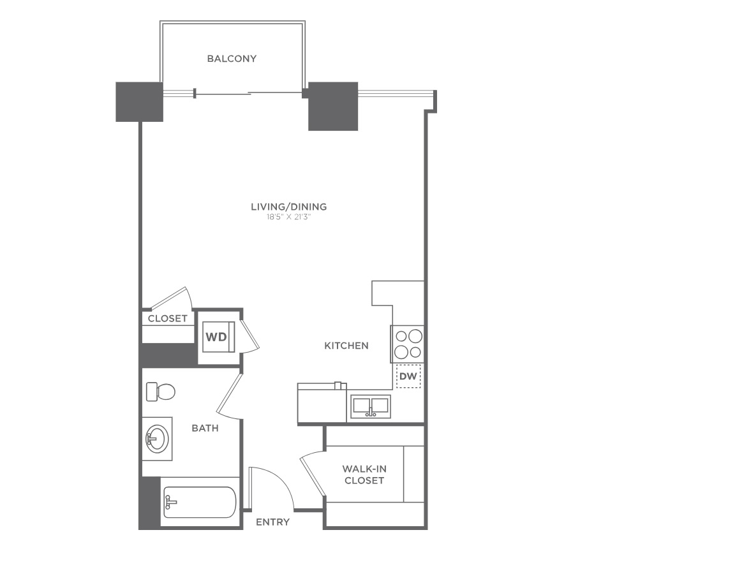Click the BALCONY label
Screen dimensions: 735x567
pyautogui.click(x=232, y=59)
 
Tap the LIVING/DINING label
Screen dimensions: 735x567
pyautogui.click(x=289, y=207)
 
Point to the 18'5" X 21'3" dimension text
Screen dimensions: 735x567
pyautogui.click(x=289, y=217)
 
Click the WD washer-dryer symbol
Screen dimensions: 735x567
pyautogui.click(x=216, y=337)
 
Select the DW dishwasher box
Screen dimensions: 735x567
pyautogui.click(x=408, y=376)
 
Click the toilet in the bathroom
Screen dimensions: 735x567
pyautogui.click(x=160, y=392)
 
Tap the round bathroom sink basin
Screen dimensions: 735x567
pyautogui.click(x=156, y=438)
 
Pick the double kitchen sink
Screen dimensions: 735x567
pyautogui.click(x=371, y=407)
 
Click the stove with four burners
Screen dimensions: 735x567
pyautogui.click(x=408, y=344)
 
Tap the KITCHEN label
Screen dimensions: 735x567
pyautogui.click(x=346, y=346)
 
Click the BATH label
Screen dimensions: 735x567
pyautogui.click(x=205, y=428)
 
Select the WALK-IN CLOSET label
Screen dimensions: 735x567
pyautogui.click(x=364, y=475)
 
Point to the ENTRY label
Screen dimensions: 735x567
pyautogui.click(x=273, y=522)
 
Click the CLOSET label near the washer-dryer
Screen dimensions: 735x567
pyautogui.click(x=167, y=319)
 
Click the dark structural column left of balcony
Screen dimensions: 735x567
pyautogui.click(x=139, y=101)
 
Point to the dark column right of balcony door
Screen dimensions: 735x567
pyautogui.click(x=333, y=107)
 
